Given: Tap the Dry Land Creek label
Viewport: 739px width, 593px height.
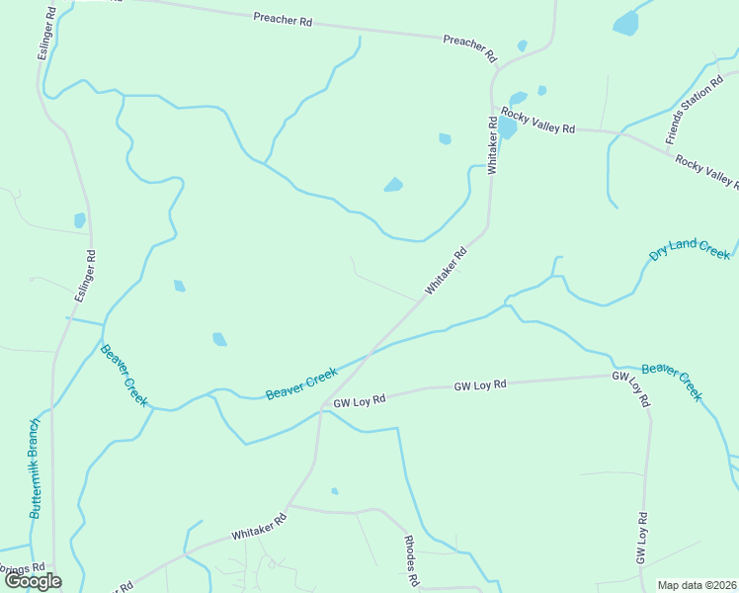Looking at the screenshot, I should pyautogui.click(x=689, y=249).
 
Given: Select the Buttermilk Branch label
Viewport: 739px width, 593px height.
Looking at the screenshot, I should pyautogui.click(x=35, y=468).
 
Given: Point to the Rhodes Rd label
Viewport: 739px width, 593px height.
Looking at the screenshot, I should pyautogui.click(x=411, y=560).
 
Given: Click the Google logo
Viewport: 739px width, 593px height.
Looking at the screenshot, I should pyautogui.click(x=33, y=581).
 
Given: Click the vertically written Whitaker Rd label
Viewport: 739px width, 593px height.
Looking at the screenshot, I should pyautogui.click(x=491, y=146).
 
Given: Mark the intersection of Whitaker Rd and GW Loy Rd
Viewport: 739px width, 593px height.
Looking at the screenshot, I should pyautogui.click(x=321, y=407).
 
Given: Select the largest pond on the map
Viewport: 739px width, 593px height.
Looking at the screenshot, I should pyautogui.click(x=625, y=23).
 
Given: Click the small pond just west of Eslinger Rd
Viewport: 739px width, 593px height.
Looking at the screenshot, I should pyautogui.click(x=80, y=220).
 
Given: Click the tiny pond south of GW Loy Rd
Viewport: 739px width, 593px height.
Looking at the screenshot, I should pyautogui.click(x=335, y=491).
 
